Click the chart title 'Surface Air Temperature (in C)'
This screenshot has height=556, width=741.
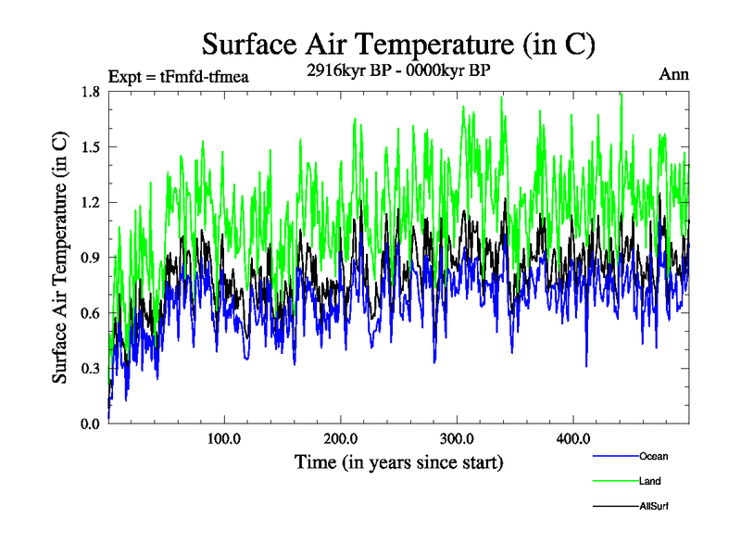398,44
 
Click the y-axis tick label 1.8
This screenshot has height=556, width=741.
90,91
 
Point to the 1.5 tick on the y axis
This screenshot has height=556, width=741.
90,146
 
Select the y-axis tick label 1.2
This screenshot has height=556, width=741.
90,202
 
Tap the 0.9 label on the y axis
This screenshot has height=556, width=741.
90,258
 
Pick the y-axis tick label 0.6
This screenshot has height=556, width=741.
90,313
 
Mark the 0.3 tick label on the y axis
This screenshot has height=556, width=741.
90,369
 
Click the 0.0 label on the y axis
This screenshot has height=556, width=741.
90,424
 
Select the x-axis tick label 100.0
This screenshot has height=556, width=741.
224,439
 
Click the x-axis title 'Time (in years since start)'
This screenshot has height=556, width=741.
398,461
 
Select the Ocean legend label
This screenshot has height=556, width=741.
653,456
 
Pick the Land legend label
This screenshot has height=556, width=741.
649,481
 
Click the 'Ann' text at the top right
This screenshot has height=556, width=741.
673,75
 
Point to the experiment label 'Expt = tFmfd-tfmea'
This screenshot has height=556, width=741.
179,76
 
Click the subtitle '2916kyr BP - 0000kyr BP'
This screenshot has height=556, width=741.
398,69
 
